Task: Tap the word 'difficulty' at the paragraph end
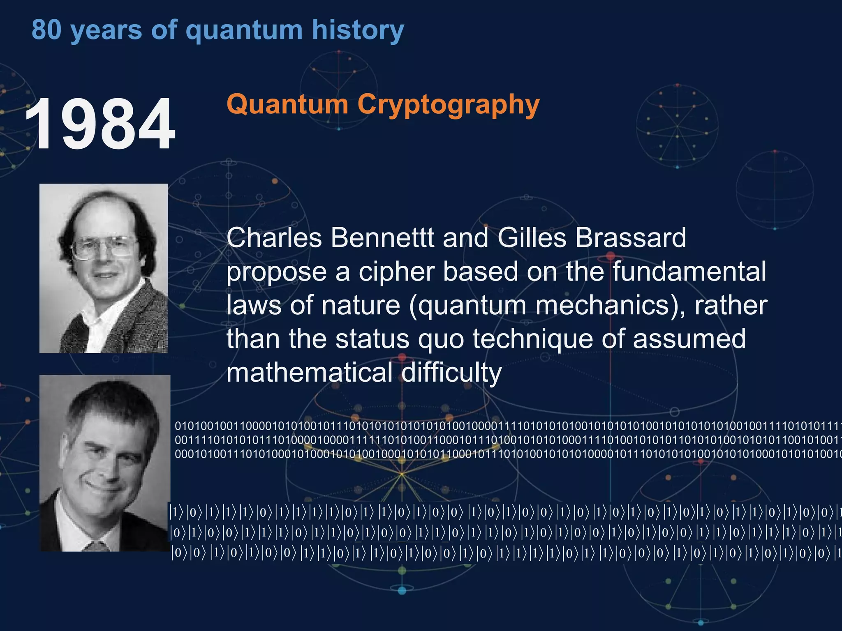coord(451,373)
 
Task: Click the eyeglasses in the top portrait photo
coord(104,247)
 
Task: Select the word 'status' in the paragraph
coord(372,339)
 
